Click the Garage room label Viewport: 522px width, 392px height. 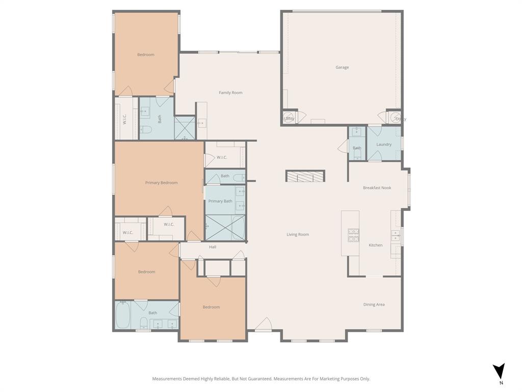(342, 67)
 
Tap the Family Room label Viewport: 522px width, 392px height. (230, 93)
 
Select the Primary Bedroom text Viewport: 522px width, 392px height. (161, 183)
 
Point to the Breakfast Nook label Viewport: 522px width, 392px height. (377, 188)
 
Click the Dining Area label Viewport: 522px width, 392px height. (374, 305)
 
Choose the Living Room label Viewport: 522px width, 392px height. (298, 235)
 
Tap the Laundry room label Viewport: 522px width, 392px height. (384, 144)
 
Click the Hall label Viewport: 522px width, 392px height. (213, 247)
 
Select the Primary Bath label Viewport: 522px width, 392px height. (220, 201)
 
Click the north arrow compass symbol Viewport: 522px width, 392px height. (500, 371)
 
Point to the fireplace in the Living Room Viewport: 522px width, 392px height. (305, 176)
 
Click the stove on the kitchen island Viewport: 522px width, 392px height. (353, 234)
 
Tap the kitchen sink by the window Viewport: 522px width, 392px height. (395, 235)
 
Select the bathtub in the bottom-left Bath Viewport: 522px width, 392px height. (123, 315)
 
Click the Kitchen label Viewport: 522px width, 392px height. (376, 246)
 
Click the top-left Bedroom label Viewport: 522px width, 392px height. (145, 55)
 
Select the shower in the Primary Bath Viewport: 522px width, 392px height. (224, 228)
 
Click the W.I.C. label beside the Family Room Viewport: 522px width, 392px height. (222, 157)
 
